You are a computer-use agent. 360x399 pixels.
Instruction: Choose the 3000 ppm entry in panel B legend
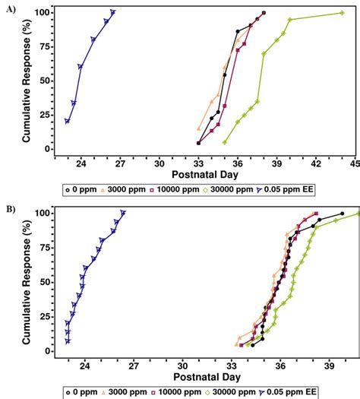(x=125, y=392)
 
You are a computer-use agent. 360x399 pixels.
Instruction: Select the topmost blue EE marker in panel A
(x=112, y=12)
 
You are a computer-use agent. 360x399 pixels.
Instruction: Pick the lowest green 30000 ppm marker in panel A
(x=225, y=142)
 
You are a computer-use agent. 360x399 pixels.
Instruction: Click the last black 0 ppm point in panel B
(x=342, y=214)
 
